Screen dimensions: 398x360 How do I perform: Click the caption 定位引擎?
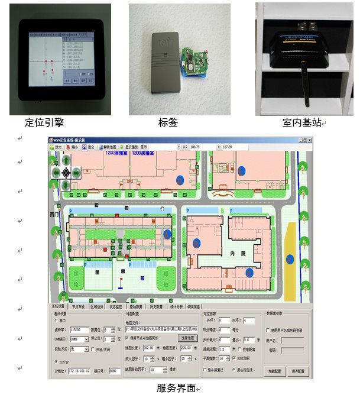coord(44,122)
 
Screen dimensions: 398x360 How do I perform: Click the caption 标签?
coord(168,122)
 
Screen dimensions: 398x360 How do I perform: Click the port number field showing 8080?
coord(115,371)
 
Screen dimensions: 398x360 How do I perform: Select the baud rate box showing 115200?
coord(80,329)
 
